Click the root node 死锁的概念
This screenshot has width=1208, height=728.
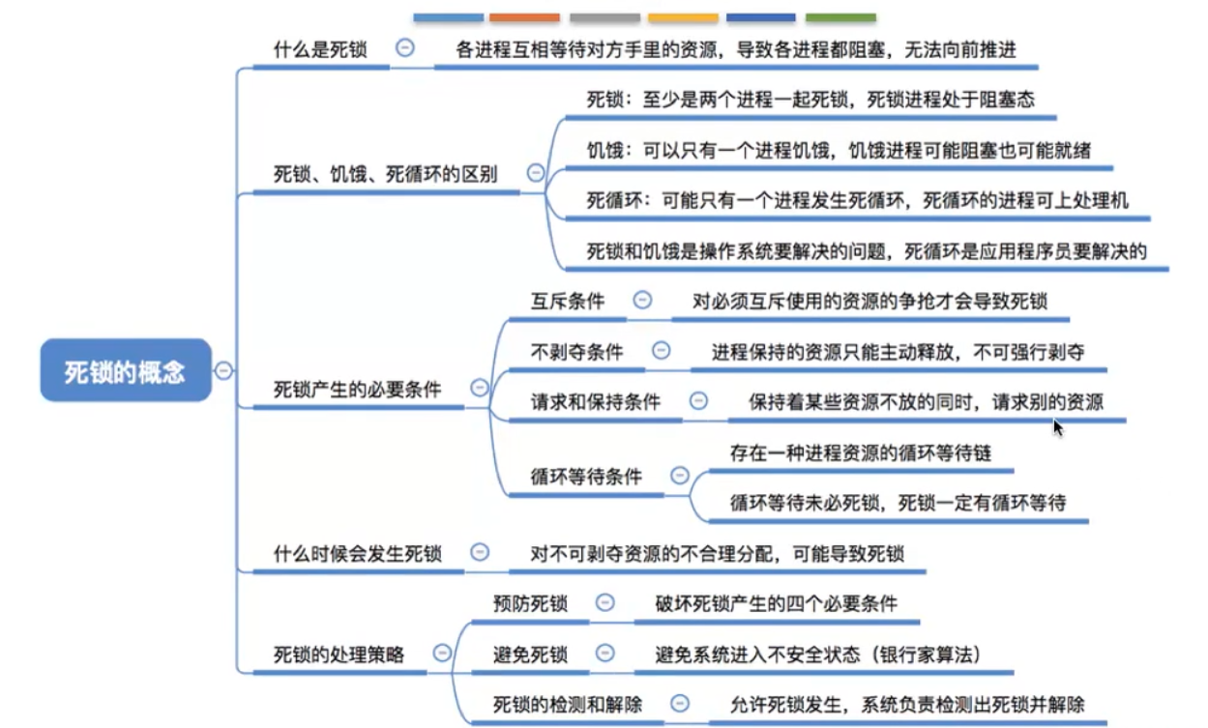tap(125, 370)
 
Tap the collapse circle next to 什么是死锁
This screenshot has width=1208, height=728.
tap(405, 48)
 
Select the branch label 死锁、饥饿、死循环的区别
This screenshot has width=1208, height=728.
tap(386, 175)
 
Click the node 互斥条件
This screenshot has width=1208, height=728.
tap(568, 302)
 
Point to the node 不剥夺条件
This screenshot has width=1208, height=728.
tap(576, 352)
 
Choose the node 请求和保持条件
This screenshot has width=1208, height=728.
tap(596, 401)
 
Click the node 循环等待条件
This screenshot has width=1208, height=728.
tap(586, 477)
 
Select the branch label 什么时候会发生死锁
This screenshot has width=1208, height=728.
tap(357, 554)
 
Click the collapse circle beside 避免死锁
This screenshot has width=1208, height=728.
tap(604, 655)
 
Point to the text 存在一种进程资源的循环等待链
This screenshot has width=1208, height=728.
tap(860, 452)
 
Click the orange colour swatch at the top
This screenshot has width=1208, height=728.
tap(524, 17)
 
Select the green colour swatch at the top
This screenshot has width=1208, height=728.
tap(840, 17)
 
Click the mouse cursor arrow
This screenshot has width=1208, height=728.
tap(1058, 426)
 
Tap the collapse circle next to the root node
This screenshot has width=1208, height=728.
tap(223, 370)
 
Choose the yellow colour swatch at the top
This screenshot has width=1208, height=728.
tap(683, 17)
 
